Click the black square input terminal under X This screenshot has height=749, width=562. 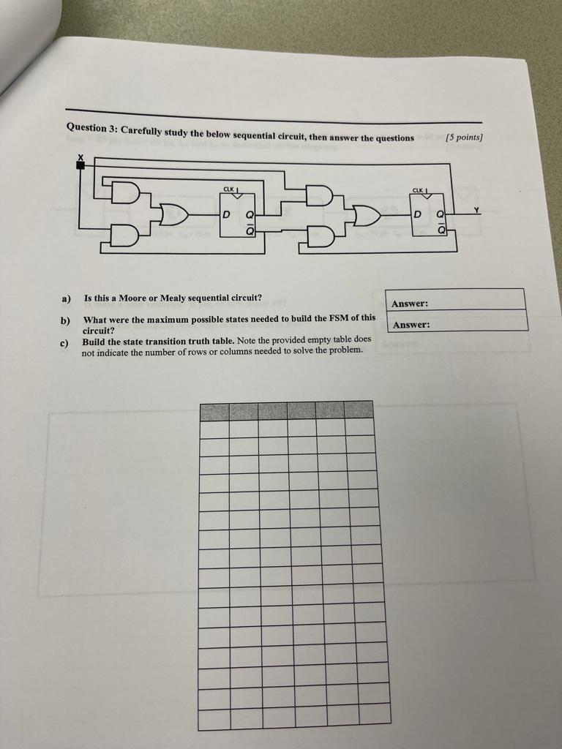[x=80, y=165]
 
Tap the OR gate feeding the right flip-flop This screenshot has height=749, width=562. [x=366, y=216]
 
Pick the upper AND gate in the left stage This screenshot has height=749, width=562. [x=125, y=192]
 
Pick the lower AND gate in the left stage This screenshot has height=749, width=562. [x=124, y=236]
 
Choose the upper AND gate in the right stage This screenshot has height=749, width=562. [x=320, y=195]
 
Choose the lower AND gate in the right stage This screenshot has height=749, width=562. [x=320, y=238]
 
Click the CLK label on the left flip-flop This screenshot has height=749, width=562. [x=230, y=189]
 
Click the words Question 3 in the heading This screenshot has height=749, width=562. [x=91, y=127]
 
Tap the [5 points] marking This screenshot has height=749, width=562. [x=464, y=138]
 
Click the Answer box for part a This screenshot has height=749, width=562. [x=454, y=300]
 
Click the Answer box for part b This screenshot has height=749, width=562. [x=455, y=321]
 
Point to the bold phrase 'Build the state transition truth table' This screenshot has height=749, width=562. [x=157, y=341]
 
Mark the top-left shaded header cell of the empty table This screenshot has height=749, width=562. [x=214, y=410]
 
